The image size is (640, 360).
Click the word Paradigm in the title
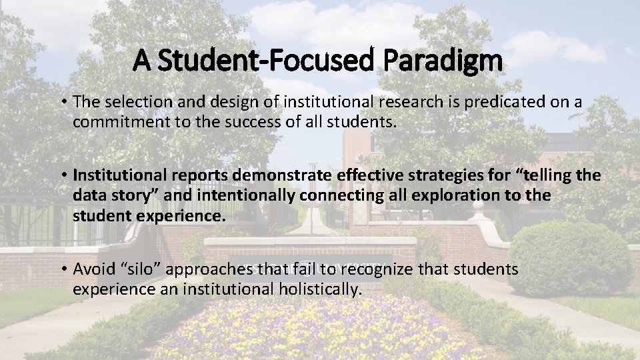point(443,61)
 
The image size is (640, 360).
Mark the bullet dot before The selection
point(64,103)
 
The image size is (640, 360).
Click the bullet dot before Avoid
point(64,270)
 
